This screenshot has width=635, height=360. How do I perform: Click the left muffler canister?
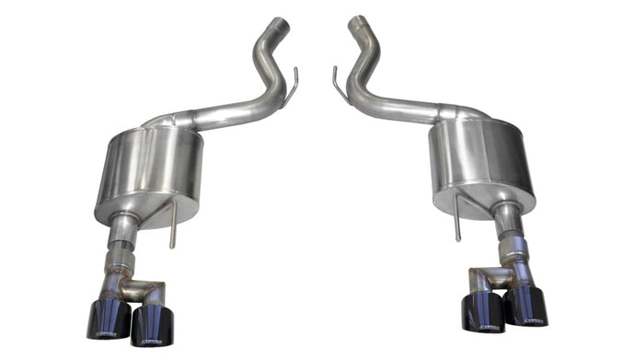(152, 170)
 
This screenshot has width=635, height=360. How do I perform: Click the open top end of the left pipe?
(280, 21)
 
